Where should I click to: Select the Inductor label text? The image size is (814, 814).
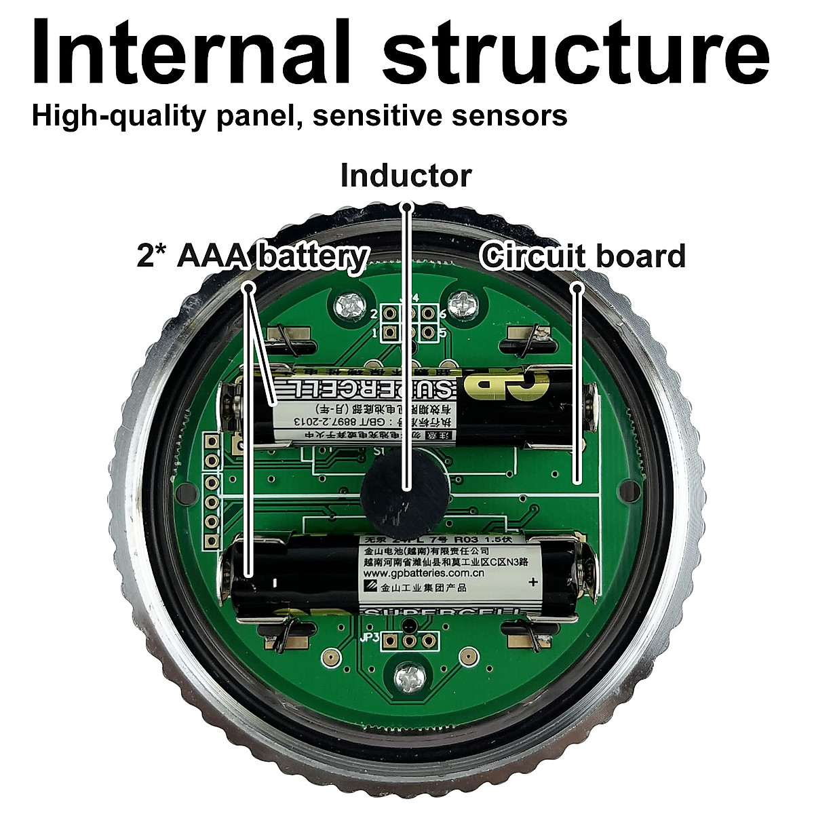406,176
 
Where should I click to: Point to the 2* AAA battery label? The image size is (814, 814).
252,257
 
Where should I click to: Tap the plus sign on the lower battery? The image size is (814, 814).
532,581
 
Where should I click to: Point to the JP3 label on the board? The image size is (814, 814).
370,638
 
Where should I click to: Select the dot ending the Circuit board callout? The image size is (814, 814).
577,288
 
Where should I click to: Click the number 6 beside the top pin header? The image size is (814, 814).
442,314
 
